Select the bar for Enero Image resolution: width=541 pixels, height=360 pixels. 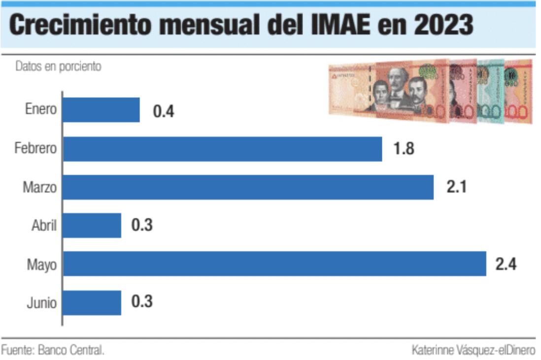point(101,110)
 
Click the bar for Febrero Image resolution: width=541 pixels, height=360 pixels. point(222,149)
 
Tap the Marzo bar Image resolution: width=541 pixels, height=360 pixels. point(248,187)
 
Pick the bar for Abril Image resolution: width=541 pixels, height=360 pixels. point(92,226)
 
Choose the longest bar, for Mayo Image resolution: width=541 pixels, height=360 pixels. point(274,264)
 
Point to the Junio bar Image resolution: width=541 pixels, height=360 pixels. point(92,302)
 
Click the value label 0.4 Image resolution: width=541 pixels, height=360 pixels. point(164,111)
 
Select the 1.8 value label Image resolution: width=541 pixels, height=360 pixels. point(404,149)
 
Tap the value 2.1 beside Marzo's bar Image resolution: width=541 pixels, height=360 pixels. point(456,188)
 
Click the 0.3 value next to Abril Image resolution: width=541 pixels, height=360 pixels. point(142,226)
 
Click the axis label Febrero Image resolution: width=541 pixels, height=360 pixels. point(36,148)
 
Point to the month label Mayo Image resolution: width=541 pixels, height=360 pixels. point(42,265)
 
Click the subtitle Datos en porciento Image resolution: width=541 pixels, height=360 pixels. point(58,67)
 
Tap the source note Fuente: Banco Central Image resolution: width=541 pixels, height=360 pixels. point(53,350)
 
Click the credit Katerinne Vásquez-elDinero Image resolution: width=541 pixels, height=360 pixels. point(473,350)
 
